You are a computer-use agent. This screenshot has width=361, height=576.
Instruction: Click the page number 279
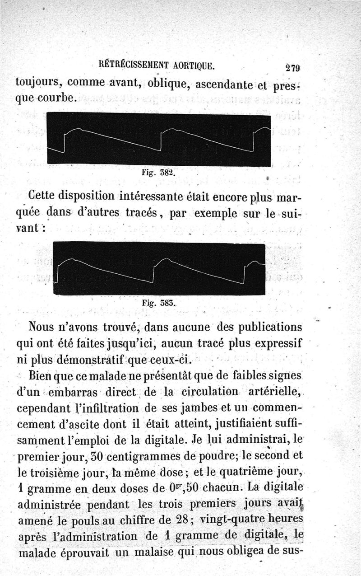pos(293,68)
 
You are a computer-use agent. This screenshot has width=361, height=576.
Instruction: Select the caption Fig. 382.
pos(157,173)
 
